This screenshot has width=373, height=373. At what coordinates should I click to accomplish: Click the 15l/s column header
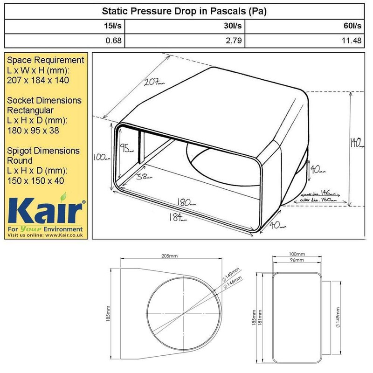pos(114,27)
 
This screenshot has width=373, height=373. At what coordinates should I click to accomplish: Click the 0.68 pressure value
pos(114,41)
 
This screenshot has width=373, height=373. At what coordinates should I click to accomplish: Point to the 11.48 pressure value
pos(351,41)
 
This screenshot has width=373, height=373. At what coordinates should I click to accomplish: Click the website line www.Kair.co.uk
pos(45,236)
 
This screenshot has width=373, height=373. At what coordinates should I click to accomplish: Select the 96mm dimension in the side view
pos(297,260)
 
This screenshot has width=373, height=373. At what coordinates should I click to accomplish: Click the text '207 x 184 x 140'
pos(38,80)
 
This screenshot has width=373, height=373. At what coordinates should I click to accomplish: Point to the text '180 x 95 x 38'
pos(34,131)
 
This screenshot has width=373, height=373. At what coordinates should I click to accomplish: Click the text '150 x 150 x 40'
pos(36,181)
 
